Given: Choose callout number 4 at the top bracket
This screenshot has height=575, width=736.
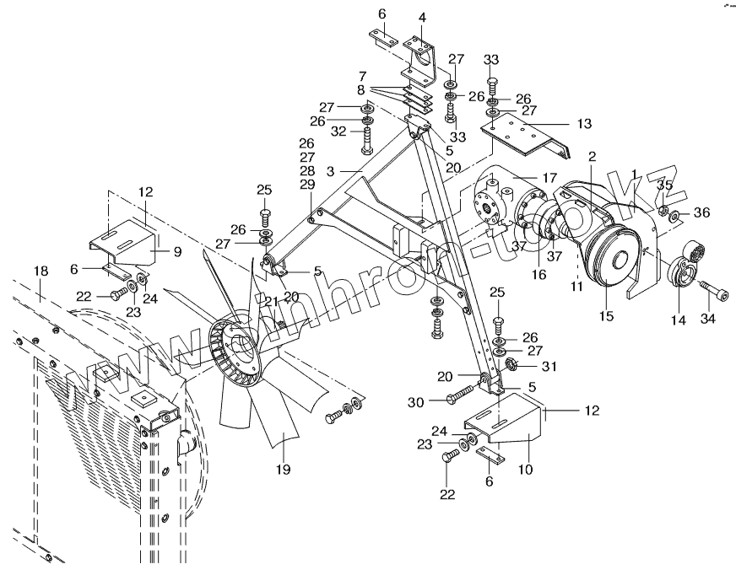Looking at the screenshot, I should [x=422, y=17].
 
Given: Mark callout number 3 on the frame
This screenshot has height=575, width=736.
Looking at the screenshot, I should [x=332, y=170].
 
